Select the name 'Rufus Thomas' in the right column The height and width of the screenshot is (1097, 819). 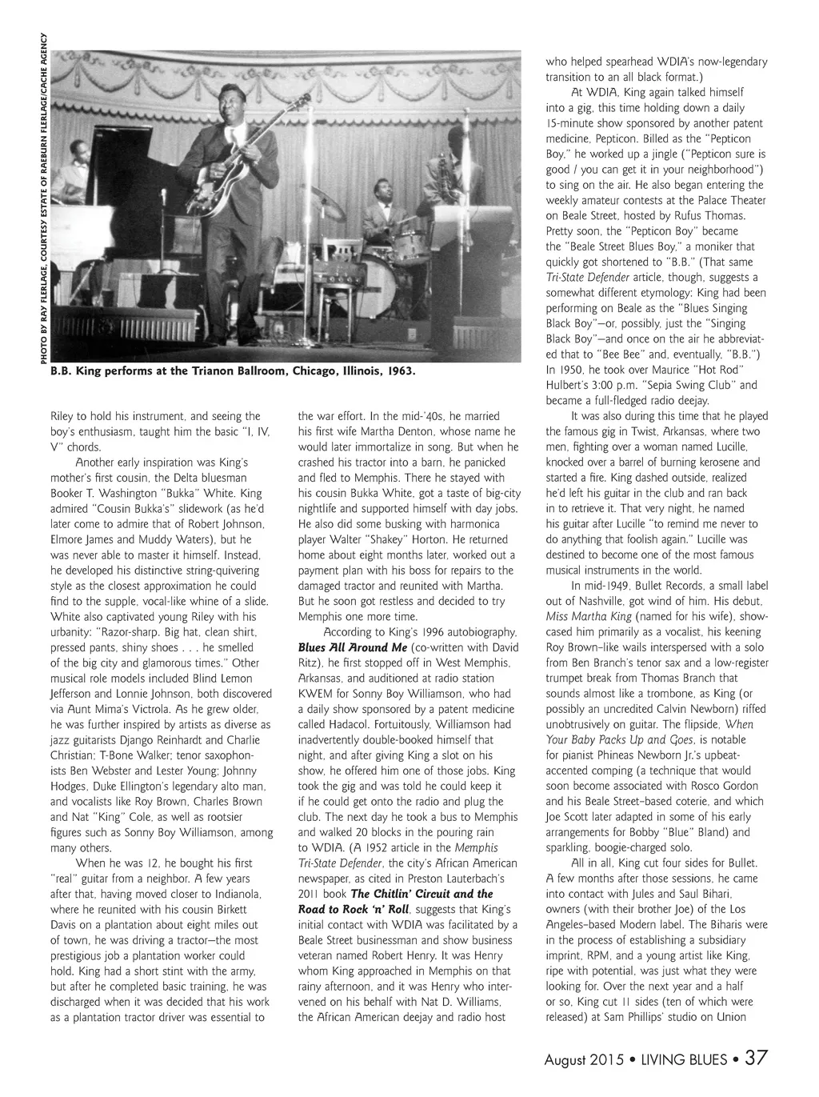[711, 216]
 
